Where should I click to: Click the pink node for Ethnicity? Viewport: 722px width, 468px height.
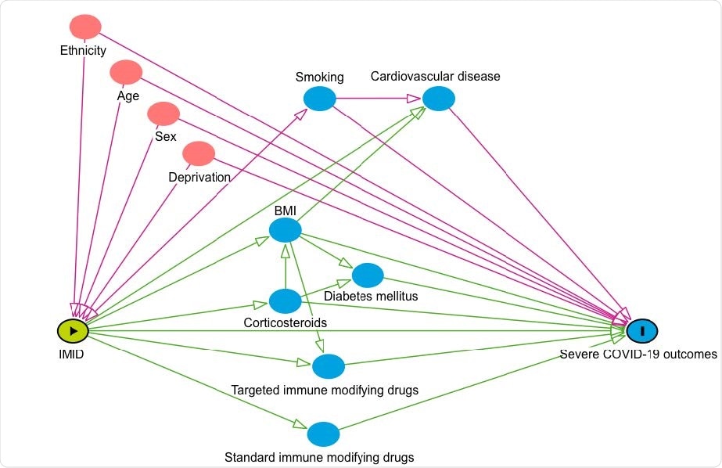[x=85, y=27]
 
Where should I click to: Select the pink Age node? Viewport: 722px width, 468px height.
[x=126, y=73]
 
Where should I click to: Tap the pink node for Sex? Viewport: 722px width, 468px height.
[x=163, y=113]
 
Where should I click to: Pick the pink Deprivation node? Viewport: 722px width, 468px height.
[x=199, y=153]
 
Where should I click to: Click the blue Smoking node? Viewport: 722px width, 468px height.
[x=319, y=99]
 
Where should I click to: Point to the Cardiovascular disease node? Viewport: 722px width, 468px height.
[x=439, y=99]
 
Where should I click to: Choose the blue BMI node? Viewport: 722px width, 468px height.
[x=285, y=229]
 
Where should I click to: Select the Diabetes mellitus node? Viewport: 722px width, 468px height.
[x=368, y=275]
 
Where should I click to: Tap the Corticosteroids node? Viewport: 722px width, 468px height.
[x=285, y=301]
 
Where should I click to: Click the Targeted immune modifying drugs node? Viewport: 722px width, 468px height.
[x=329, y=365]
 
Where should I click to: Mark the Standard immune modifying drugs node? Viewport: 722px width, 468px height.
[x=323, y=434]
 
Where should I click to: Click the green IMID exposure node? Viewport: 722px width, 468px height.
[x=73, y=331]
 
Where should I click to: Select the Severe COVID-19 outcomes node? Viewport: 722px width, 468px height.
[x=641, y=331]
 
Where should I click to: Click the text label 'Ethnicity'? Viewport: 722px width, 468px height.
[x=83, y=51]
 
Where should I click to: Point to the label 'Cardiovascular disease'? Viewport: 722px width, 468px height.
[x=435, y=77]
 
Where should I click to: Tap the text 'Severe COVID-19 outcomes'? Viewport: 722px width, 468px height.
[x=638, y=355]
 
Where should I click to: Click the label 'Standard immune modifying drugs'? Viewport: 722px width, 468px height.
[x=319, y=456]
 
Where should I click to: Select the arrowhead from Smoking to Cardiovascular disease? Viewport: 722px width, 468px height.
[x=413, y=99]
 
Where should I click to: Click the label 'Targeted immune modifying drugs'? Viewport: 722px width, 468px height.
[x=325, y=390]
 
